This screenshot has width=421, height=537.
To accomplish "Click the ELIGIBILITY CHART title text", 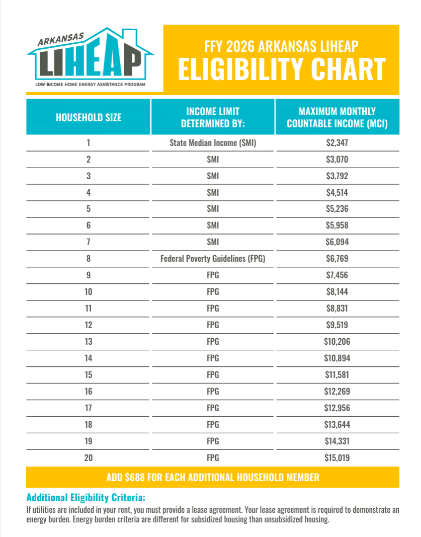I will click(282, 69).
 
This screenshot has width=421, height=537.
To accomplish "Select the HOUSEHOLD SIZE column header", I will click(89, 117).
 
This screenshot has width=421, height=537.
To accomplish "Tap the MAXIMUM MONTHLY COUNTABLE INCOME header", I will click(337, 117).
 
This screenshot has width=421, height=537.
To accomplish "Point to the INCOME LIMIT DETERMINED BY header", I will click(213, 117).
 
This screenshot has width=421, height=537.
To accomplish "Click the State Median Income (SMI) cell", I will click(213, 143).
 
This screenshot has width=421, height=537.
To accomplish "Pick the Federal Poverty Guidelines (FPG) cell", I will click(213, 259).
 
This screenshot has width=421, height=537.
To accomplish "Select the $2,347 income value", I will click(337, 143).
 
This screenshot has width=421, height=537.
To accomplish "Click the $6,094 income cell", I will click(337, 242).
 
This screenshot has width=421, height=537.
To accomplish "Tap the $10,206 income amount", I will click(337, 342).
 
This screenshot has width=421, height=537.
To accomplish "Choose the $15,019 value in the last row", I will click(337, 457).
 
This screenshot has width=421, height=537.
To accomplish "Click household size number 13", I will click(89, 342).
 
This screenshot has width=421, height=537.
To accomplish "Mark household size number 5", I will click(89, 209).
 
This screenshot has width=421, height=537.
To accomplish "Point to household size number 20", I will click(89, 457).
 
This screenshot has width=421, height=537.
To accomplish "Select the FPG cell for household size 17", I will click(213, 408).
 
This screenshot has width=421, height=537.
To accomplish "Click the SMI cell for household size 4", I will click(213, 192).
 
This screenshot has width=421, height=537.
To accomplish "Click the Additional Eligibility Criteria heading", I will click(86, 498).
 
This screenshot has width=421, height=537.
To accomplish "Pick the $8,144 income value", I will click(337, 292).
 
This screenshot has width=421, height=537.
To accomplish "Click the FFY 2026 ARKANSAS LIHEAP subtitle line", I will click(282, 47).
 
